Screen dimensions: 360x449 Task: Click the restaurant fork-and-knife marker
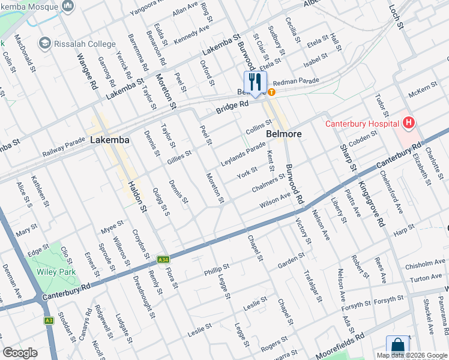[255, 82]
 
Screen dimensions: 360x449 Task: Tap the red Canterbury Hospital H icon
[409, 124]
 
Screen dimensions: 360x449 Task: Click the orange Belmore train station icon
[272, 92]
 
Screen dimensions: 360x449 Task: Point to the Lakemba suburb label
[109, 140]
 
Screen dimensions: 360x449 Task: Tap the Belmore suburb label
[283, 134]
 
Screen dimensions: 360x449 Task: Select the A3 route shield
[49, 320]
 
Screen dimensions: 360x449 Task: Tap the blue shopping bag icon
[397, 346]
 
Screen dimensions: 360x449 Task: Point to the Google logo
[20, 353]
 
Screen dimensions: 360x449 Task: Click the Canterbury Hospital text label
[362, 124]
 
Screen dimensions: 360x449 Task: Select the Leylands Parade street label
[243, 154]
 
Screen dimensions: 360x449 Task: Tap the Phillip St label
[217, 267]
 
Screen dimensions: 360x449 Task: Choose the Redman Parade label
[297, 82]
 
